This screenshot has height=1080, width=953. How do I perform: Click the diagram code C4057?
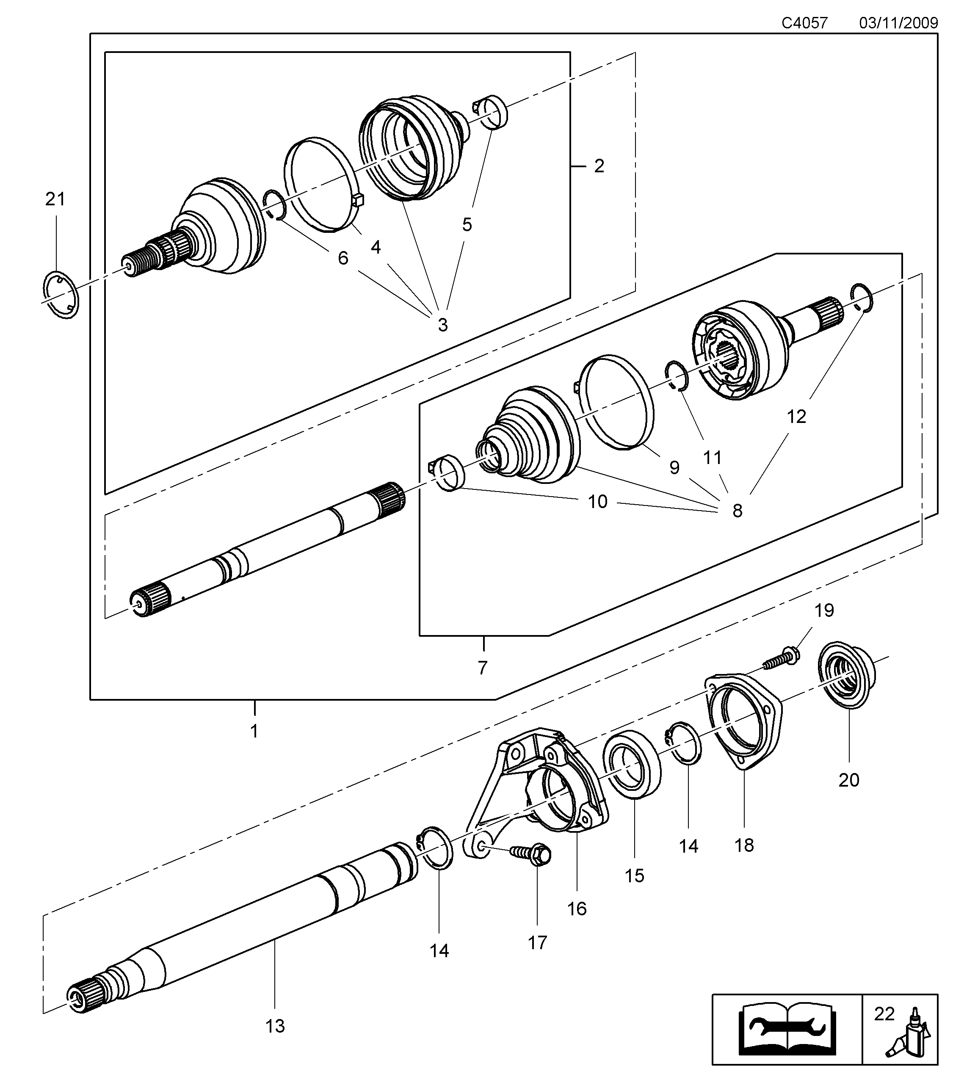[x=804, y=23]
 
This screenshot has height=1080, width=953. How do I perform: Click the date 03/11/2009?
[x=898, y=23]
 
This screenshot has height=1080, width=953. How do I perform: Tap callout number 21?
[x=55, y=199]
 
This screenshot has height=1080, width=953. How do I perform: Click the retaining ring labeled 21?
[x=60, y=294]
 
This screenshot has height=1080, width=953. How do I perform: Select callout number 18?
[x=744, y=845]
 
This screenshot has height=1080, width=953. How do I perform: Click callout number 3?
[x=443, y=324]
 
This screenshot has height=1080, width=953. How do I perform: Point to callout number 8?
[x=737, y=511]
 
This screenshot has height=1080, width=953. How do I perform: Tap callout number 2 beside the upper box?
[x=599, y=166]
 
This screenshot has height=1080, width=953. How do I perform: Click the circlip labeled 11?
[x=676, y=376]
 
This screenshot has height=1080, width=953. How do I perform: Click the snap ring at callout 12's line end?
[x=861, y=298]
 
